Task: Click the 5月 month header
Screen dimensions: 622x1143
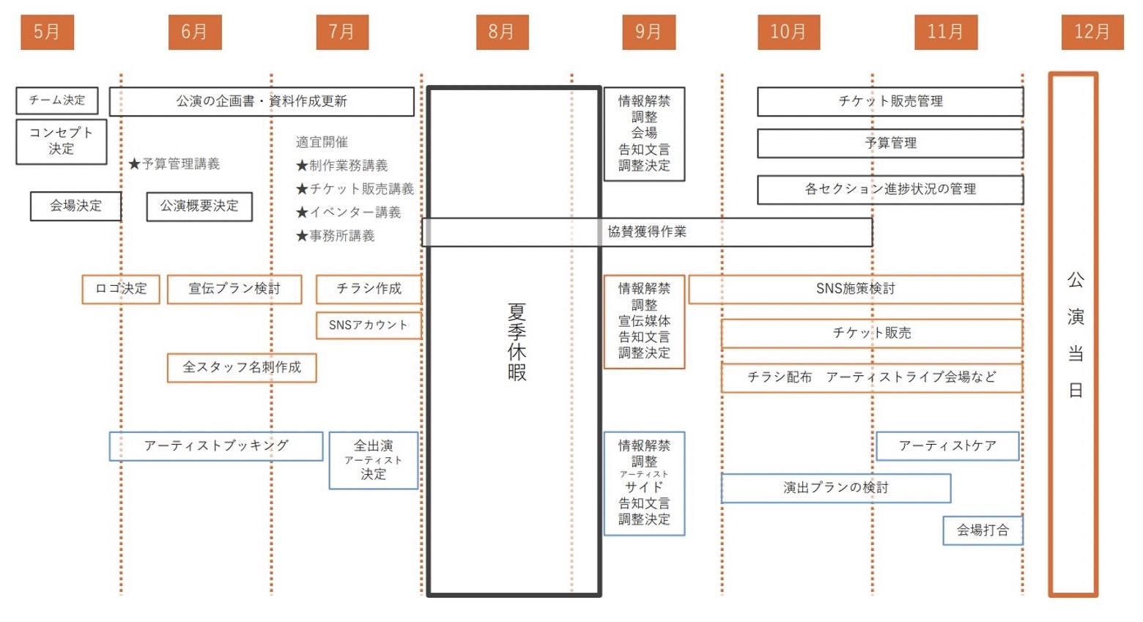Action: (47, 32)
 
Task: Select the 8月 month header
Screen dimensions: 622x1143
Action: (502, 32)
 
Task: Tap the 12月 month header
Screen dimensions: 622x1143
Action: (1092, 32)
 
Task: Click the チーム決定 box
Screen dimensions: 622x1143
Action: (57, 100)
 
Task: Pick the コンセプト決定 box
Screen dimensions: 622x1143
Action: (62, 141)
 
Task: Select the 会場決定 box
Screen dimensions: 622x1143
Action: (75, 206)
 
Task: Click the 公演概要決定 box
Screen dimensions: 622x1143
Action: (199, 206)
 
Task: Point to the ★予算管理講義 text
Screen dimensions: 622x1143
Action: (174, 164)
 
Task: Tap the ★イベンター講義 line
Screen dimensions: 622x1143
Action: (349, 212)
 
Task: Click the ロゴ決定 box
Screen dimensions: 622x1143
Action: (121, 289)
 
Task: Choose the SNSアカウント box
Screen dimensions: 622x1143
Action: (369, 325)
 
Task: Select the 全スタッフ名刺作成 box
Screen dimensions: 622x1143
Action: (242, 367)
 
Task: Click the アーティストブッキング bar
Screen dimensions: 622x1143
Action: (216, 445)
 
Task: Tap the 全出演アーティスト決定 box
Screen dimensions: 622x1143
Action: (374, 460)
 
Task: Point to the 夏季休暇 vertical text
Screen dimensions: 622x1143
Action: (517, 341)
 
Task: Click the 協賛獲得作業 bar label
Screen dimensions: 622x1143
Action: (647, 232)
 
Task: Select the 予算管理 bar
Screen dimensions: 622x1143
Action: (890, 143)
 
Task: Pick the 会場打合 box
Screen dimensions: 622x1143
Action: (983, 530)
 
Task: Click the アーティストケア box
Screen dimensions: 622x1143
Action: (947, 445)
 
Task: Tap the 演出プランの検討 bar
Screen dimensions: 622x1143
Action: (836, 488)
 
